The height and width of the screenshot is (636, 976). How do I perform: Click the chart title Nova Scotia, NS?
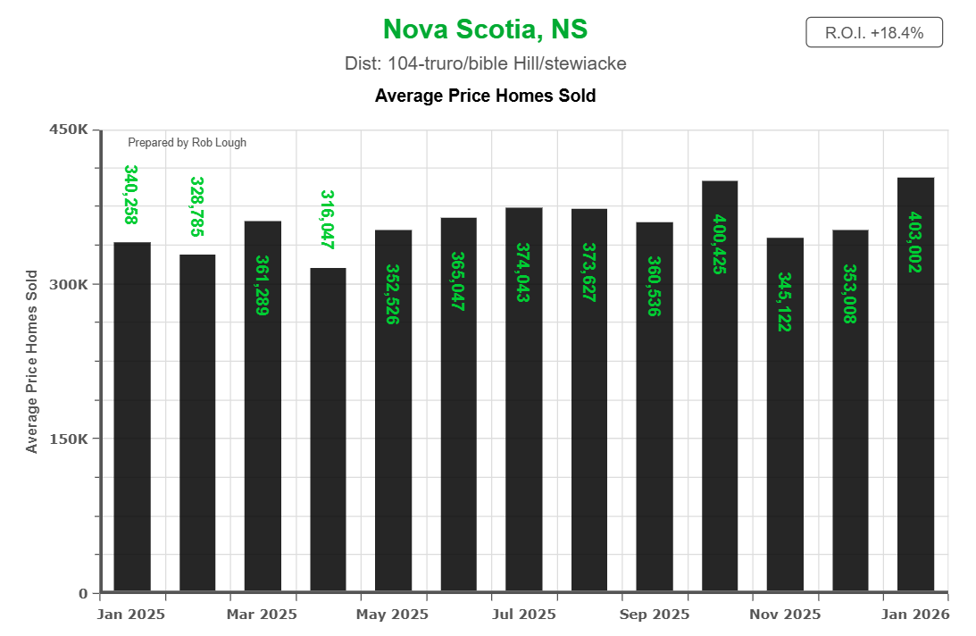(x=485, y=29)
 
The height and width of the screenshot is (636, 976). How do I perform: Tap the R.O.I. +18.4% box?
(x=873, y=33)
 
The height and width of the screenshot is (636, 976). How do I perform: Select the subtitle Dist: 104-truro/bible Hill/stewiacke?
(x=485, y=64)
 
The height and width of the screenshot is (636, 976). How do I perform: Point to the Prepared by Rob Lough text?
(x=187, y=143)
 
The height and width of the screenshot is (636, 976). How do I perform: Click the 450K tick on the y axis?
(x=68, y=130)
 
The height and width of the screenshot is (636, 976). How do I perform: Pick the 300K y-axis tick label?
(x=68, y=285)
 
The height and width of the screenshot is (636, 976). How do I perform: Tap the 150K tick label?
(x=68, y=439)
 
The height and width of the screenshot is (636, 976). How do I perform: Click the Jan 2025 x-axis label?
(x=131, y=615)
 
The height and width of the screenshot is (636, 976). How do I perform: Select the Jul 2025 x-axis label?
(x=524, y=615)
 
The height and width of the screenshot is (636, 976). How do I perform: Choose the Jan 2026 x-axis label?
(x=916, y=615)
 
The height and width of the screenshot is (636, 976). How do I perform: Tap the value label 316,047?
(x=327, y=219)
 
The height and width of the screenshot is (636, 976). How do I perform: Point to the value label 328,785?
(x=196, y=206)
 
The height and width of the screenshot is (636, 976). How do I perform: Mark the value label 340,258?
(x=131, y=194)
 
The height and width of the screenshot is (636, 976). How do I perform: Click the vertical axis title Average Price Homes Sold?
(x=32, y=362)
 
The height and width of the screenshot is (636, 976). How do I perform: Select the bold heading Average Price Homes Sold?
(x=485, y=96)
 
